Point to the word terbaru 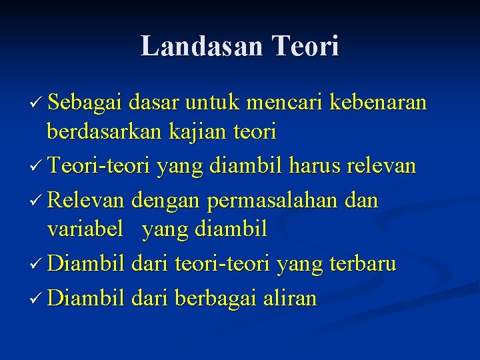click(x=363, y=264)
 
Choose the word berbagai click(x=215, y=297)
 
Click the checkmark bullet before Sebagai click(x=37, y=104)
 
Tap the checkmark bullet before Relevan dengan click(x=37, y=200)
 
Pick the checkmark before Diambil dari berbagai click(x=37, y=298)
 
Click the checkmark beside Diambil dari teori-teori click(x=37, y=265)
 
